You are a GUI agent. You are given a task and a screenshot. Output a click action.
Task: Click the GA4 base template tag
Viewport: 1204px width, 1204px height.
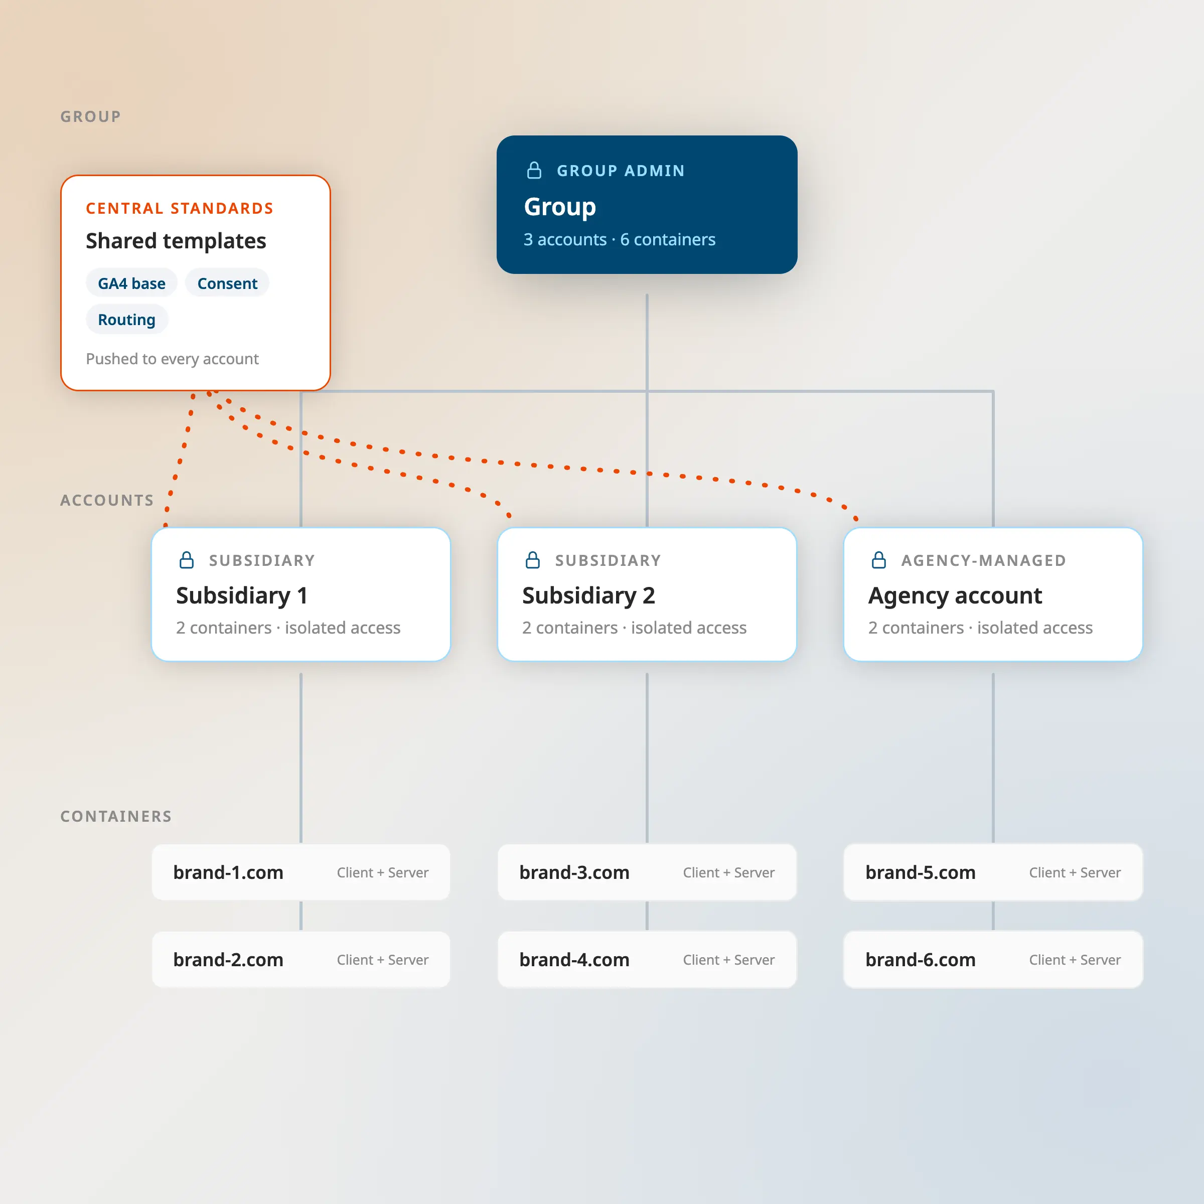pos(131,283)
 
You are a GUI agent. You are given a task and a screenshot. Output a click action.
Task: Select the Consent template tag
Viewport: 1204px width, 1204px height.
pos(227,283)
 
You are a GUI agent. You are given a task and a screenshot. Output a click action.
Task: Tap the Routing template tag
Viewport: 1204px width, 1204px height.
pos(126,320)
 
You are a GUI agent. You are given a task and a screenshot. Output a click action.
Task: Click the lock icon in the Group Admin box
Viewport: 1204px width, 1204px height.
pos(534,170)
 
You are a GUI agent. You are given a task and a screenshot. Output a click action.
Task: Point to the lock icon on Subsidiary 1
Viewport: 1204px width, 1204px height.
pos(186,560)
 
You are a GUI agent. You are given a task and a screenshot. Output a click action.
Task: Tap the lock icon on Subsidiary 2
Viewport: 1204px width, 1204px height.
pos(533,560)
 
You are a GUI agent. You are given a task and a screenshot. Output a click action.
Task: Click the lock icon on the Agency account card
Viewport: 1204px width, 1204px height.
pos(879,560)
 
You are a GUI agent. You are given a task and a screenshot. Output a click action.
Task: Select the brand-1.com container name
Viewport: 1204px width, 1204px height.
pos(228,872)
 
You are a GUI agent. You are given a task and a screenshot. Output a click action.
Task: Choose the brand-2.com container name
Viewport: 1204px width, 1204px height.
pos(228,960)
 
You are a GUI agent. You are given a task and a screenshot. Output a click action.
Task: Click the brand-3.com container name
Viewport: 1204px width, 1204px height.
pos(574,872)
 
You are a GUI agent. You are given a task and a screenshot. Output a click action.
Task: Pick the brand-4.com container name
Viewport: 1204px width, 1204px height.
pos(574,960)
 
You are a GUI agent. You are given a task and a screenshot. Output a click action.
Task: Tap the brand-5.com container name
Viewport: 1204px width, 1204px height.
pos(921,872)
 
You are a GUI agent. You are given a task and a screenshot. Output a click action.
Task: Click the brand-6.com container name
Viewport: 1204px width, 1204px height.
pos(921,960)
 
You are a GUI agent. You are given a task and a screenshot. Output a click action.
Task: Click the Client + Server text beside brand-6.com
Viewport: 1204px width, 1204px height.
pos(1075,960)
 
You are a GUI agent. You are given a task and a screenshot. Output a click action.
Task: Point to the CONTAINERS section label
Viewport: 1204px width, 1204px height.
pos(116,816)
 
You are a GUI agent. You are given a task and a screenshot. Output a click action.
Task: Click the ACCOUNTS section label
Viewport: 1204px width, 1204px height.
pos(106,501)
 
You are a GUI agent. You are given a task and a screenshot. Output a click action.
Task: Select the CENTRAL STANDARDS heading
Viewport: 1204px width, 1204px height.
pos(180,208)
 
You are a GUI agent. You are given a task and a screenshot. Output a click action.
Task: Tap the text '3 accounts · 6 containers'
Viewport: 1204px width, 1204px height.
pos(620,239)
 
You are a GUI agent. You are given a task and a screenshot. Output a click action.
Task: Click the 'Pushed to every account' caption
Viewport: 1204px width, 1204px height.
pos(172,359)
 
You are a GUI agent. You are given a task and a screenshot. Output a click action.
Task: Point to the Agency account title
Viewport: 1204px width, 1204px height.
pos(955,596)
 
